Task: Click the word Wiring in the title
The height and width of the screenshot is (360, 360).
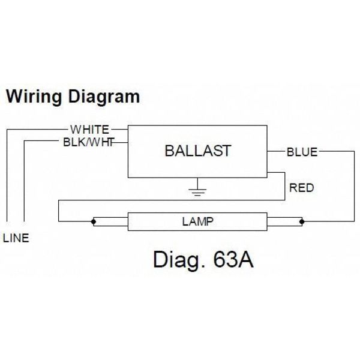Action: click(34, 97)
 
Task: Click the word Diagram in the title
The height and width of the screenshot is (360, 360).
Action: click(104, 97)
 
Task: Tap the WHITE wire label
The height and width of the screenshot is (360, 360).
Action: click(90, 130)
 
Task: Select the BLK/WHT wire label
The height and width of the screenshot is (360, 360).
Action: click(89, 142)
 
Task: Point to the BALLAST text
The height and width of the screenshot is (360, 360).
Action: click(197, 151)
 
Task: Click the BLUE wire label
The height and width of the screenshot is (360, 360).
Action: click(302, 152)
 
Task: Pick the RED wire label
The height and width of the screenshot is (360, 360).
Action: click(301, 188)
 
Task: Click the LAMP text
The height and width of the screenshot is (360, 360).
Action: click(197, 221)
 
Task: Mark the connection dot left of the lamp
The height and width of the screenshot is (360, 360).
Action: click(94, 221)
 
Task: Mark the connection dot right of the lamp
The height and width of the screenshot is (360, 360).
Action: click(302, 221)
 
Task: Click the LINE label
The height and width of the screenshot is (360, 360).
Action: click(16, 238)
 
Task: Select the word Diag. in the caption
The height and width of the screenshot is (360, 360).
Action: click(179, 260)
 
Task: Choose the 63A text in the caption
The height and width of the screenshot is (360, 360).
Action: click(233, 260)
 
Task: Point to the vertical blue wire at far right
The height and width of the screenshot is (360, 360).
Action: click(354, 186)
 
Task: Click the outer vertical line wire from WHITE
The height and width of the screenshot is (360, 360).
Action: click(7, 175)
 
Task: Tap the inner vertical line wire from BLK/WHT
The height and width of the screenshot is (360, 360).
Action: click(25, 181)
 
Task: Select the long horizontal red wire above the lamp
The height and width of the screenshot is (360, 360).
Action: click(172, 200)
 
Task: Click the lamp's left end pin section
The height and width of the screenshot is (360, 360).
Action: click(110, 221)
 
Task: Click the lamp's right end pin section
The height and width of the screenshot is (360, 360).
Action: click(284, 221)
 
